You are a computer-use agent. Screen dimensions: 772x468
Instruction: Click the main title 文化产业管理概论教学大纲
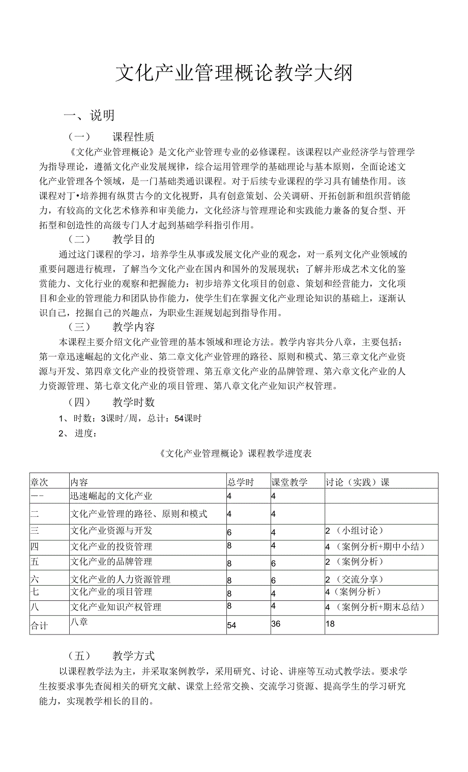tap(233, 73)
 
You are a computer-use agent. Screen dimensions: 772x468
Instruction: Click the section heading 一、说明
tap(89, 116)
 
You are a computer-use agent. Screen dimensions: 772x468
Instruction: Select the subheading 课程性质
tap(133, 136)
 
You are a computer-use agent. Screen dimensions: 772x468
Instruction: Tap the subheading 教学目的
tap(133, 239)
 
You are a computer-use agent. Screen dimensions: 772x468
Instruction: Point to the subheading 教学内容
tap(133, 327)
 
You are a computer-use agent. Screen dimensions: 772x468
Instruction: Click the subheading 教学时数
tap(133, 402)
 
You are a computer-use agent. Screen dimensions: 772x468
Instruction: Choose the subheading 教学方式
tap(133, 656)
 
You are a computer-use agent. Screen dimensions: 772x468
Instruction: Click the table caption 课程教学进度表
tap(235, 453)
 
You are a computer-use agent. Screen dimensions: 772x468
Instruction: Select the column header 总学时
tap(240, 482)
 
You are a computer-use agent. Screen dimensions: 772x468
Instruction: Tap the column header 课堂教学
tap(289, 482)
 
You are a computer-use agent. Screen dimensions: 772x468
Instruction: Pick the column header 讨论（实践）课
tap(357, 482)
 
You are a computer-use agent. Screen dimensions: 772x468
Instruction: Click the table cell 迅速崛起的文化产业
tap(111, 496)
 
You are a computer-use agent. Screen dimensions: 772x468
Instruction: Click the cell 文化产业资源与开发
tap(111, 531)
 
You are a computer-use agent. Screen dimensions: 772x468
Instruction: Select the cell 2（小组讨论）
tap(355, 531)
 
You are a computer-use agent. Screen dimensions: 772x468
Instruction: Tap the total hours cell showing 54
tap(231, 625)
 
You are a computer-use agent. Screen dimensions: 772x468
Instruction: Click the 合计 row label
tap(39, 626)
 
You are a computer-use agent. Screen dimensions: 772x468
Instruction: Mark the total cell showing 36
tap(276, 624)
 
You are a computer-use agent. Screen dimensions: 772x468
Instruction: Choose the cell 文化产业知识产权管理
tap(115, 607)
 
